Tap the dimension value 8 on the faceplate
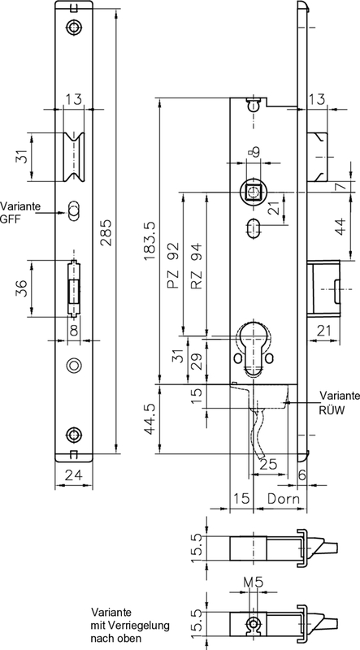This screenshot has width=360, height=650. point(74,330)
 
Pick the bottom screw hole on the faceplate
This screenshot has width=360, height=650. point(75,435)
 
